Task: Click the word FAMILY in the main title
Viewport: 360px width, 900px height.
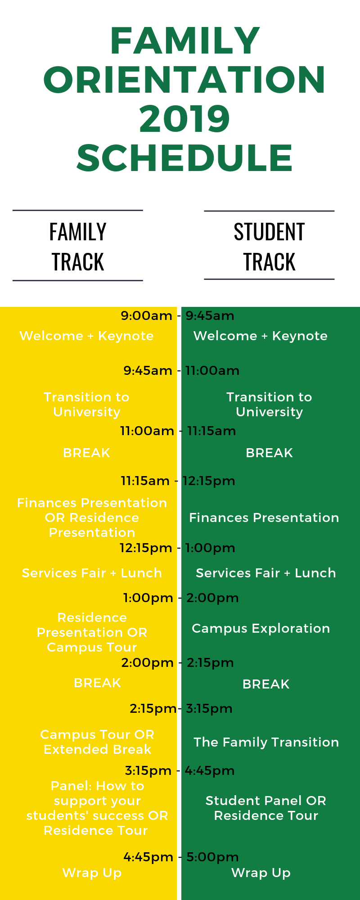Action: click(x=185, y=40)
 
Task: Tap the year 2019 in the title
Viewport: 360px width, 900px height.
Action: click(x=184, y=119)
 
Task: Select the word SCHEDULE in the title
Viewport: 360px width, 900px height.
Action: click(x=184, y=158)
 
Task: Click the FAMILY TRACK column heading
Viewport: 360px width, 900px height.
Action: click(x=78, y=247)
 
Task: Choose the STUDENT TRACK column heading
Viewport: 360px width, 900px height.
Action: click(x=269, y=247)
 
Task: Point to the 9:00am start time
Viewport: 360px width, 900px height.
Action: click(x=146, y=316)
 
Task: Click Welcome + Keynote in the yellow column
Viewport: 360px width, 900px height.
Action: click(x=86, y=336)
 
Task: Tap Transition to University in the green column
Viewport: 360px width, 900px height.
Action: click(x=269, y=405)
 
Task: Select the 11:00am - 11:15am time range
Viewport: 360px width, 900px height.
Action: click(x=178, y=431)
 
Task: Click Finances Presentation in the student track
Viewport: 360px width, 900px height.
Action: click(x=264, y=518)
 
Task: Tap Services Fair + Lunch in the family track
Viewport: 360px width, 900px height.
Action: click(x=92, y=573)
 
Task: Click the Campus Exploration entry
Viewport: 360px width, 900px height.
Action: click(x=261, y=629)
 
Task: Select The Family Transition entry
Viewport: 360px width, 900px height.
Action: click(x=266, y=742)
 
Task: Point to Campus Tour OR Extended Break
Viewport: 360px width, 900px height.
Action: click(x=97, y=742)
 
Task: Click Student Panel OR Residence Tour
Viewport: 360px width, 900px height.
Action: click(x=266, y=808)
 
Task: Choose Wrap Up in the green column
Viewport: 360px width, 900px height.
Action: click(x=261, y=873)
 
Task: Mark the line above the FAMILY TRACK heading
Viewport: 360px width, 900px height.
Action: click(x=78, y=210)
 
